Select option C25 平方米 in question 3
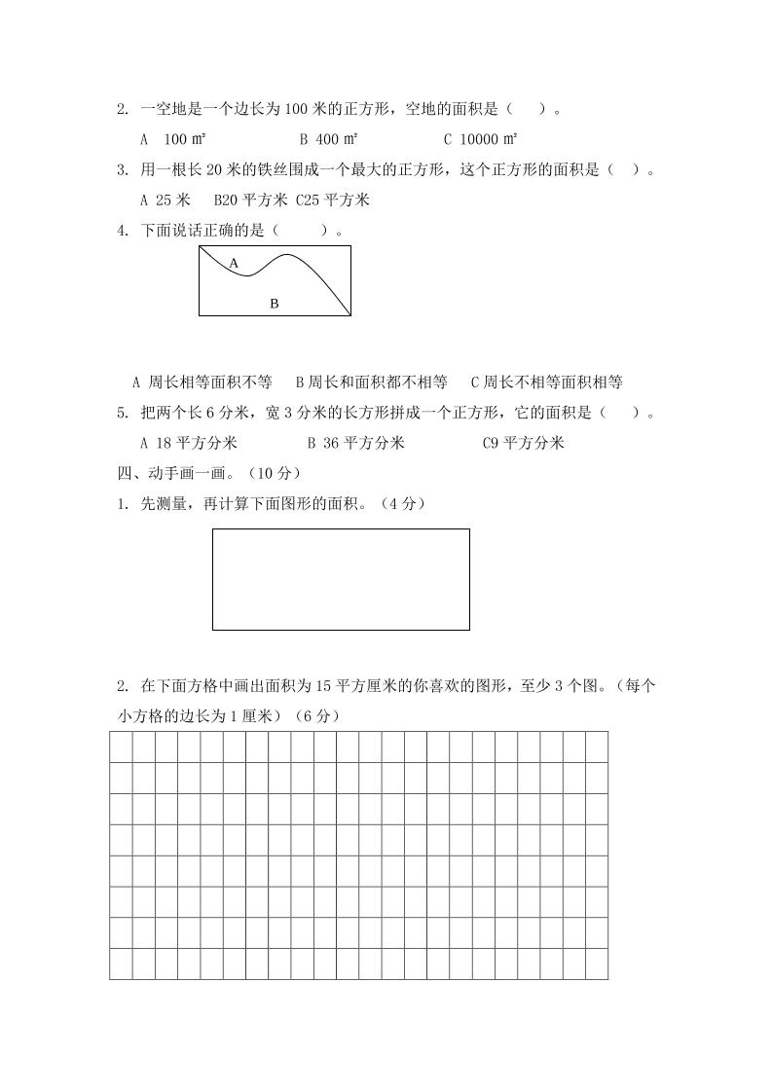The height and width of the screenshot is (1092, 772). tap(332, 200)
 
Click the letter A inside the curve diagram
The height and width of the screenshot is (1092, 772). tap(234, 263)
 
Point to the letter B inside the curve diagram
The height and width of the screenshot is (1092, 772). tap(274, 304)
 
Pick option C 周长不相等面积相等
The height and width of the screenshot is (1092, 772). tap(546, 382)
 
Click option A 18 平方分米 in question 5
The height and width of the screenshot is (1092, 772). tap(189, 443)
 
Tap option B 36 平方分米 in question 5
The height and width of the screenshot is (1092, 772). tap(355, 443)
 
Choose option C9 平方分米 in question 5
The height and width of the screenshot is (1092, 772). tap(523, 443)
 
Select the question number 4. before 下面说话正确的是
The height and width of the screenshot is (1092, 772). tap(123, 232)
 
